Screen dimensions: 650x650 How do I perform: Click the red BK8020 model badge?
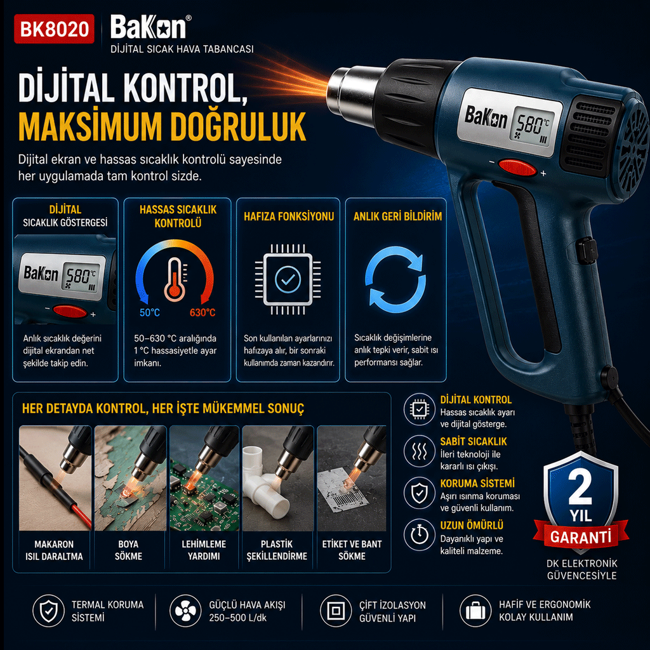coord(54,29)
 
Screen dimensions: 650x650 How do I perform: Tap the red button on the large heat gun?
coord(517,168)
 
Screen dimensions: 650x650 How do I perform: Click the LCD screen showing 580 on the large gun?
coord(532,126)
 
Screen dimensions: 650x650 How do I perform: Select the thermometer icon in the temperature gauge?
coord(175,280)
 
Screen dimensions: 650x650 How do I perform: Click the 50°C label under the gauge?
coord(150,312)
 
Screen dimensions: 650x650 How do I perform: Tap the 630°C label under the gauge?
coord(202,312)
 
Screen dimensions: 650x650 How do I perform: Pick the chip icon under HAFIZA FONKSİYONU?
coord(288,280)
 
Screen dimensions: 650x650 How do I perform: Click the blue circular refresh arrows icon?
coord(395,279)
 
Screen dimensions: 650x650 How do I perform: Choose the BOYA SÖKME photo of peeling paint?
coord(130,478)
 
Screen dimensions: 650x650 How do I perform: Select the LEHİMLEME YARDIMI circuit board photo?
coord(204,478)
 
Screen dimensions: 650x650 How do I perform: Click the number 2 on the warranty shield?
coord(580,487)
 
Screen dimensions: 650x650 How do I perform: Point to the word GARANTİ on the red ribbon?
coord(581,537)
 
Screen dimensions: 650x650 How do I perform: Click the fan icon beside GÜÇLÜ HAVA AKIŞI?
coord(185,611)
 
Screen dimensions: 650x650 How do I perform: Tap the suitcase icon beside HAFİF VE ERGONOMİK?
coord(475,611)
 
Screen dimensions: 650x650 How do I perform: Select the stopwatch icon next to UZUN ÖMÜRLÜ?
coord(419,534)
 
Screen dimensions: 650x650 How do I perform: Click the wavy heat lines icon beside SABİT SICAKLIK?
coord(419,451)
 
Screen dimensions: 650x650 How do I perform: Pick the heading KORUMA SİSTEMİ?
coord(477,483)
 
